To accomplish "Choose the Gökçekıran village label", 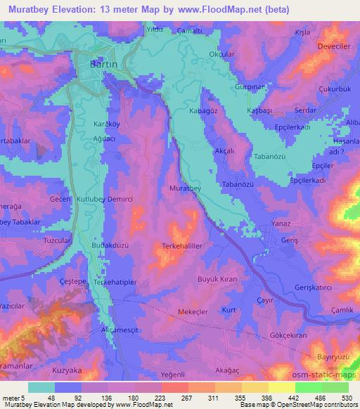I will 289,336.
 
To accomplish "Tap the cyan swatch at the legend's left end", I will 41,387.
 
